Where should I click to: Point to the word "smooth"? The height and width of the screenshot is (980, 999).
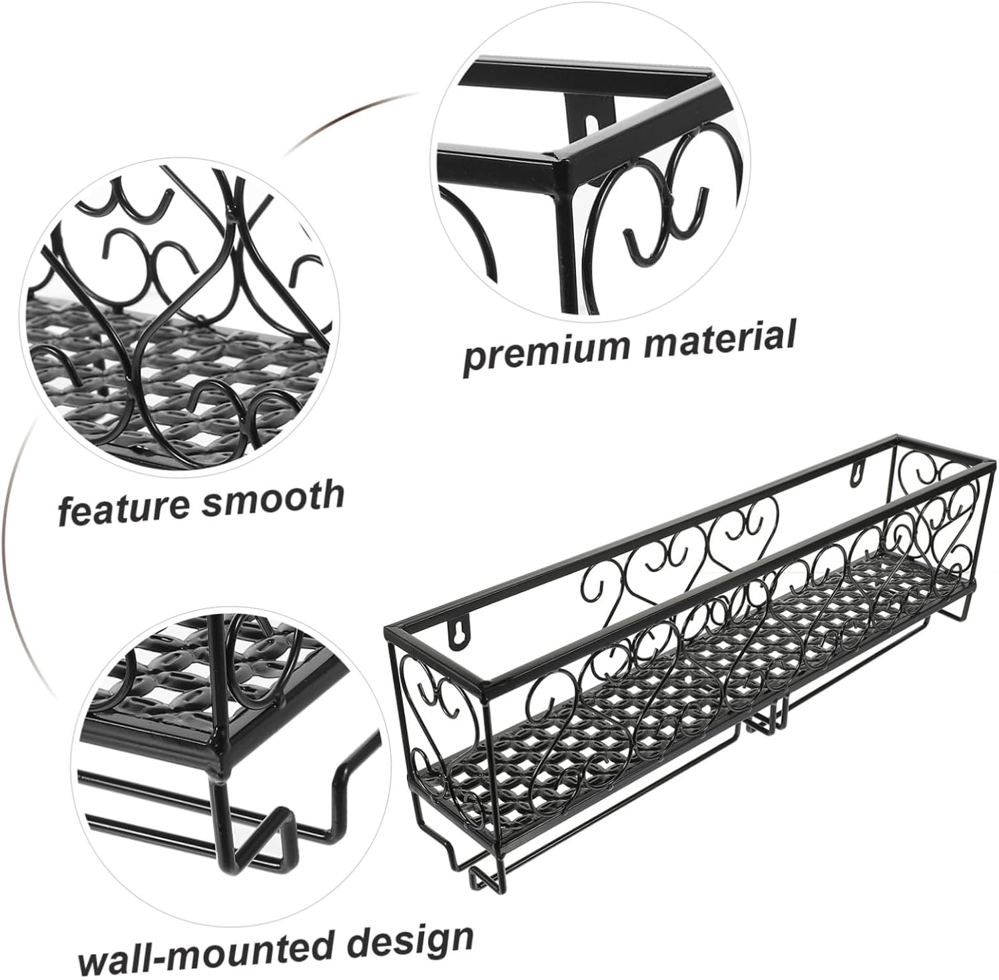pyautogui.click(x=273, y=495)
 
